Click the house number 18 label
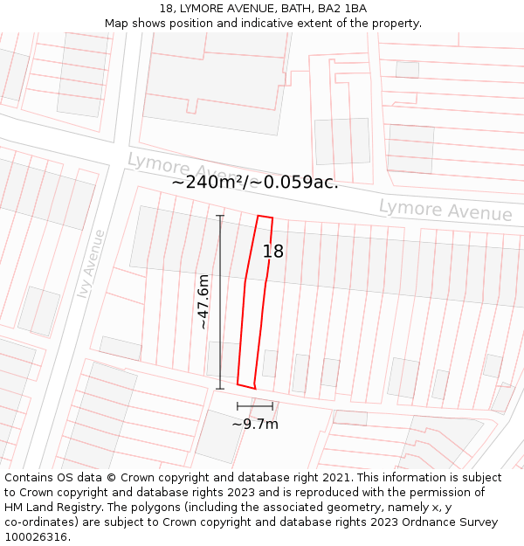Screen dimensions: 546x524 (x=273, y=252)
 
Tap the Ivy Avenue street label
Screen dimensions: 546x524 (x=91, y=264)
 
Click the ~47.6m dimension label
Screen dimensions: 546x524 (x=203, y=301)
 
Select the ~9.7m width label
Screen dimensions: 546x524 (x=255, y=424)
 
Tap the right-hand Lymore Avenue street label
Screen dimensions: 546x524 (x=445, y=211)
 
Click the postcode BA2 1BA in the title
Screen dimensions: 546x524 (x=342, y=9)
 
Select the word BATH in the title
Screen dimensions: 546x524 (x=299, y=9)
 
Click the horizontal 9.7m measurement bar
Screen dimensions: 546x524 (x=255, y=406)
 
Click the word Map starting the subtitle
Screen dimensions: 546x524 (x=117, y=23)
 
